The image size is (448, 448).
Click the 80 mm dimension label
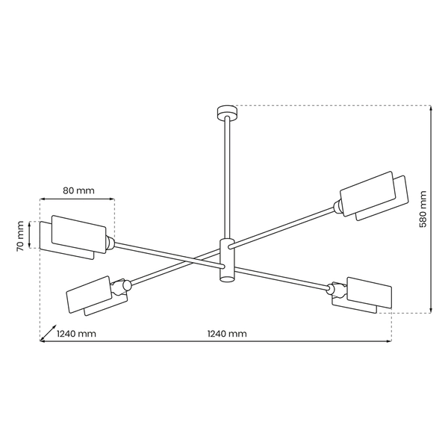coord(78,190)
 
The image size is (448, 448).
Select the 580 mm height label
coord(423,210)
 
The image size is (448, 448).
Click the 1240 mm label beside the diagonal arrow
coord(77,334)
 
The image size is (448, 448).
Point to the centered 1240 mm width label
coord(226,334)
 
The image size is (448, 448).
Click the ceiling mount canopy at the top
coord(225,112)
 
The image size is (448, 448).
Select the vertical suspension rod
coord(225,179)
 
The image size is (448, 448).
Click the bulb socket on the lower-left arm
coord(125,285)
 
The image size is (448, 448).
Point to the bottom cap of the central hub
coord(225,279)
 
